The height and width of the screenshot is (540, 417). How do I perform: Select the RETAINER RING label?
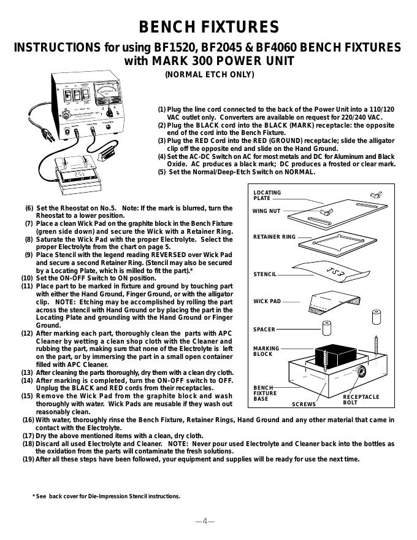click(x=274, y=237)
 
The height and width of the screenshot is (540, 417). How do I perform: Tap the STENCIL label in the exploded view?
click(x=265, y=274)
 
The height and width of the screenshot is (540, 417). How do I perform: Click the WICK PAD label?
click(x=267, y=301)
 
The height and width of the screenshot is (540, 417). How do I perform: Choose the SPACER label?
click(x=264, y=330)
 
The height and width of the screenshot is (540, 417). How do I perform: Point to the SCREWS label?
click(x=304, y=405)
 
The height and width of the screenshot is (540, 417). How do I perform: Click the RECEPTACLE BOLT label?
click(x=361, y=400)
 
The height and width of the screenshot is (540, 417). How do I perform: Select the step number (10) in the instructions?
click(x=27, y=278)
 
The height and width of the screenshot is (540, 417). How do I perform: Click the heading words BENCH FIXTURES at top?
click(x=209, y=27)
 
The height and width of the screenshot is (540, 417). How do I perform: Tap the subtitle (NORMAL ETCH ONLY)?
click(x=209, y=75)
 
